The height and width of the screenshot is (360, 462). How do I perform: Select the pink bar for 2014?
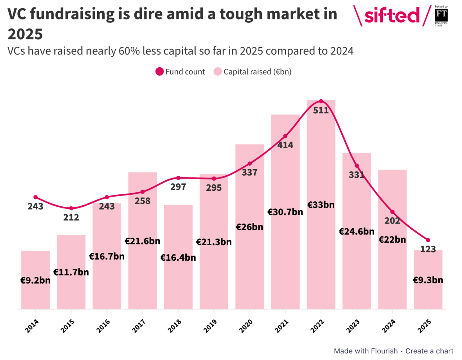35,295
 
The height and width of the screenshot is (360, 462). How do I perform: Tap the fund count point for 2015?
71,208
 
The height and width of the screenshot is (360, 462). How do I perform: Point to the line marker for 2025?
428,240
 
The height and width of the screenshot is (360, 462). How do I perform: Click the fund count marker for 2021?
285,136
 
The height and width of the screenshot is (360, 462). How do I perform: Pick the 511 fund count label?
321,111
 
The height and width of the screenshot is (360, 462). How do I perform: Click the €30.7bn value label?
285,212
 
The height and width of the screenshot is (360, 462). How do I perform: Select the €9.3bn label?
428,280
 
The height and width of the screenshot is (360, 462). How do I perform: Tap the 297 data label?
178,187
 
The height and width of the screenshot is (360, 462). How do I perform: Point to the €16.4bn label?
178,258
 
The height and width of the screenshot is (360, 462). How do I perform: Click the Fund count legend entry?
180,72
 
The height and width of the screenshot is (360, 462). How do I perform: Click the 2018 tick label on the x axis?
175,326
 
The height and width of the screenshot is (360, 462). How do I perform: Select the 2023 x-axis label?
353,326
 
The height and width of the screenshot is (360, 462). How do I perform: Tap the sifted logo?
391,16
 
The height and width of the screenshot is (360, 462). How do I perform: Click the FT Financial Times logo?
441,16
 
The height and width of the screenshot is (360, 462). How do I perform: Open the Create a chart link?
429,351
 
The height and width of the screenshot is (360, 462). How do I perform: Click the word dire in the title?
147,14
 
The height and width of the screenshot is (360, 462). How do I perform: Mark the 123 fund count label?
428,249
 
